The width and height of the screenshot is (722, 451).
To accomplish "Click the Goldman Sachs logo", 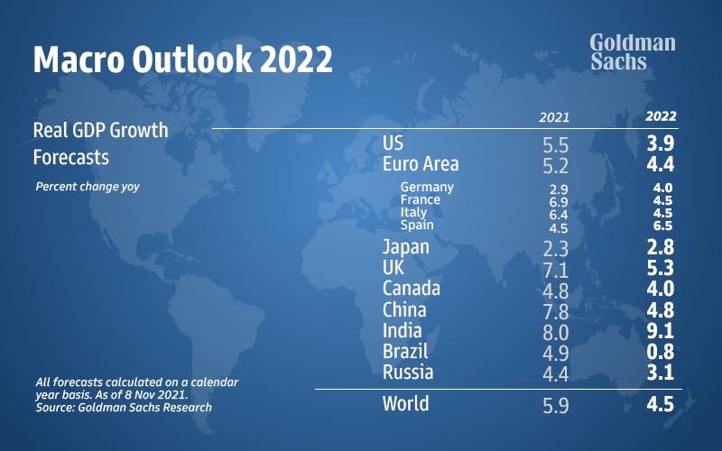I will (632, 52).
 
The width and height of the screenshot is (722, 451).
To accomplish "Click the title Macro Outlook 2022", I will (182, 59).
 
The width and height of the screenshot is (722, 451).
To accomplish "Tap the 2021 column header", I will (554, 117).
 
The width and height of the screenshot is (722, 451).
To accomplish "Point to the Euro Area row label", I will (421, 164).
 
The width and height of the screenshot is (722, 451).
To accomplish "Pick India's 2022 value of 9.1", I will (660, 330).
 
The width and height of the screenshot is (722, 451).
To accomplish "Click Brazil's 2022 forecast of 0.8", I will (660, 351).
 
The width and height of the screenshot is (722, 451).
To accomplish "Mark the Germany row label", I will (427, 188).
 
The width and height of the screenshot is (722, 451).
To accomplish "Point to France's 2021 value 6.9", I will (558, 200).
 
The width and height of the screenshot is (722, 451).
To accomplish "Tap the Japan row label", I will (406, 246).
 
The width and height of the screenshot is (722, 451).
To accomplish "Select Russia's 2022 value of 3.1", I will (660, 372).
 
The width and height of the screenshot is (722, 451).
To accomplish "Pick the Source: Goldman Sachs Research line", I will (124, 407).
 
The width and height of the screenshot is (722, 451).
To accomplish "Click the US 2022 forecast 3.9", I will (660, 143).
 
